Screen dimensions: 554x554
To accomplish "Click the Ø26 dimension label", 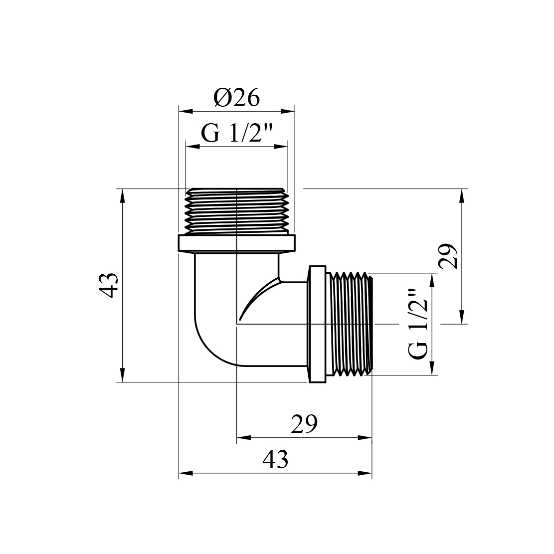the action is pyautogui.click(x=237, y=97).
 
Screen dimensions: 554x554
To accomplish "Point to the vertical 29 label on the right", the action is pyautogui.click(x=448, y=256).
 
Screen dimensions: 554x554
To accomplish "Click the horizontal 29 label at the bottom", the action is pyautogui.click(x=304, y=424).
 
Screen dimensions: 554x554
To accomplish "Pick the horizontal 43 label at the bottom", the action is pyautogui.click(x=275, y=459).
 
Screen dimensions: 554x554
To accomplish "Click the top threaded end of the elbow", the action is pyautogui.click(x=237, y=211).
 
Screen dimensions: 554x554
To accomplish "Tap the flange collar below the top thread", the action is pyautogui.click(x=236, y=243).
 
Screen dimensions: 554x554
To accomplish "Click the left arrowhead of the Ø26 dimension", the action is pyautogui.click(x=186, y=111).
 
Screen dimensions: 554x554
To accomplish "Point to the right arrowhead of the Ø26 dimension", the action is pyautogui.click(x=288, y=111).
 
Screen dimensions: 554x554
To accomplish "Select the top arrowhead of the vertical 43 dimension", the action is pyautogui.click(x=122, y=196).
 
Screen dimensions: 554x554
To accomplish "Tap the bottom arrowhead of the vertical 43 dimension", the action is pyautogui.click(x=122, y=375).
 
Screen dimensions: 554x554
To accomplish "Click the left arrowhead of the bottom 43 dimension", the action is pyautogui.click(x=186, y=473).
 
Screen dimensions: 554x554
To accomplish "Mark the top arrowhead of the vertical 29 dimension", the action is pyautogui.click(x=461, y=196).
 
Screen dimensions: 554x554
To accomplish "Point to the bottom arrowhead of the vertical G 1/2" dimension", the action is pyautogui.click(x=432, y=368).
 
